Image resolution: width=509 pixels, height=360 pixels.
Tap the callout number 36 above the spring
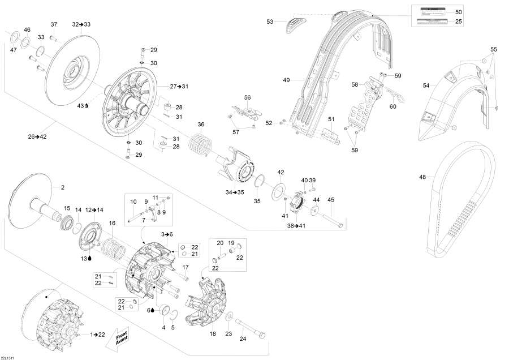[x=200, y=125]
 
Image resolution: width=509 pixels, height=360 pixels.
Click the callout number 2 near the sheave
[x=62, y=187]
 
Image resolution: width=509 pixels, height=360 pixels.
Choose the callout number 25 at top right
[x=458, y=22]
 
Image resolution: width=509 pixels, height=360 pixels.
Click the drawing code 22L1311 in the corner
[x=8, y=355]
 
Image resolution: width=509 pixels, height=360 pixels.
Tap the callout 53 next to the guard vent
[x=270, y=22]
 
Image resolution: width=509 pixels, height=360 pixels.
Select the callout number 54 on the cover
[x=426, y=85]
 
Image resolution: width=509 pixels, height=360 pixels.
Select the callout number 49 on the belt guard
[x=286, y=80]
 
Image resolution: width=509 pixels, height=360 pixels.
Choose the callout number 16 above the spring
[x=112, y=223]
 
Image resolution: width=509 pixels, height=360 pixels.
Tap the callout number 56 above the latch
[x=247, y=97]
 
